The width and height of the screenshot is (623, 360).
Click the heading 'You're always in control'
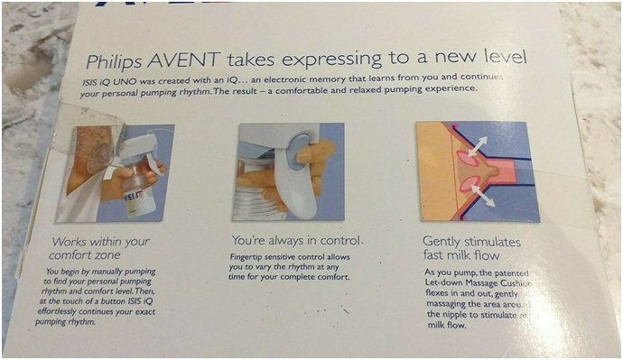[x=297, y=241]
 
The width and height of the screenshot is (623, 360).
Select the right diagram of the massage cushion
[x=477, y=171]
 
